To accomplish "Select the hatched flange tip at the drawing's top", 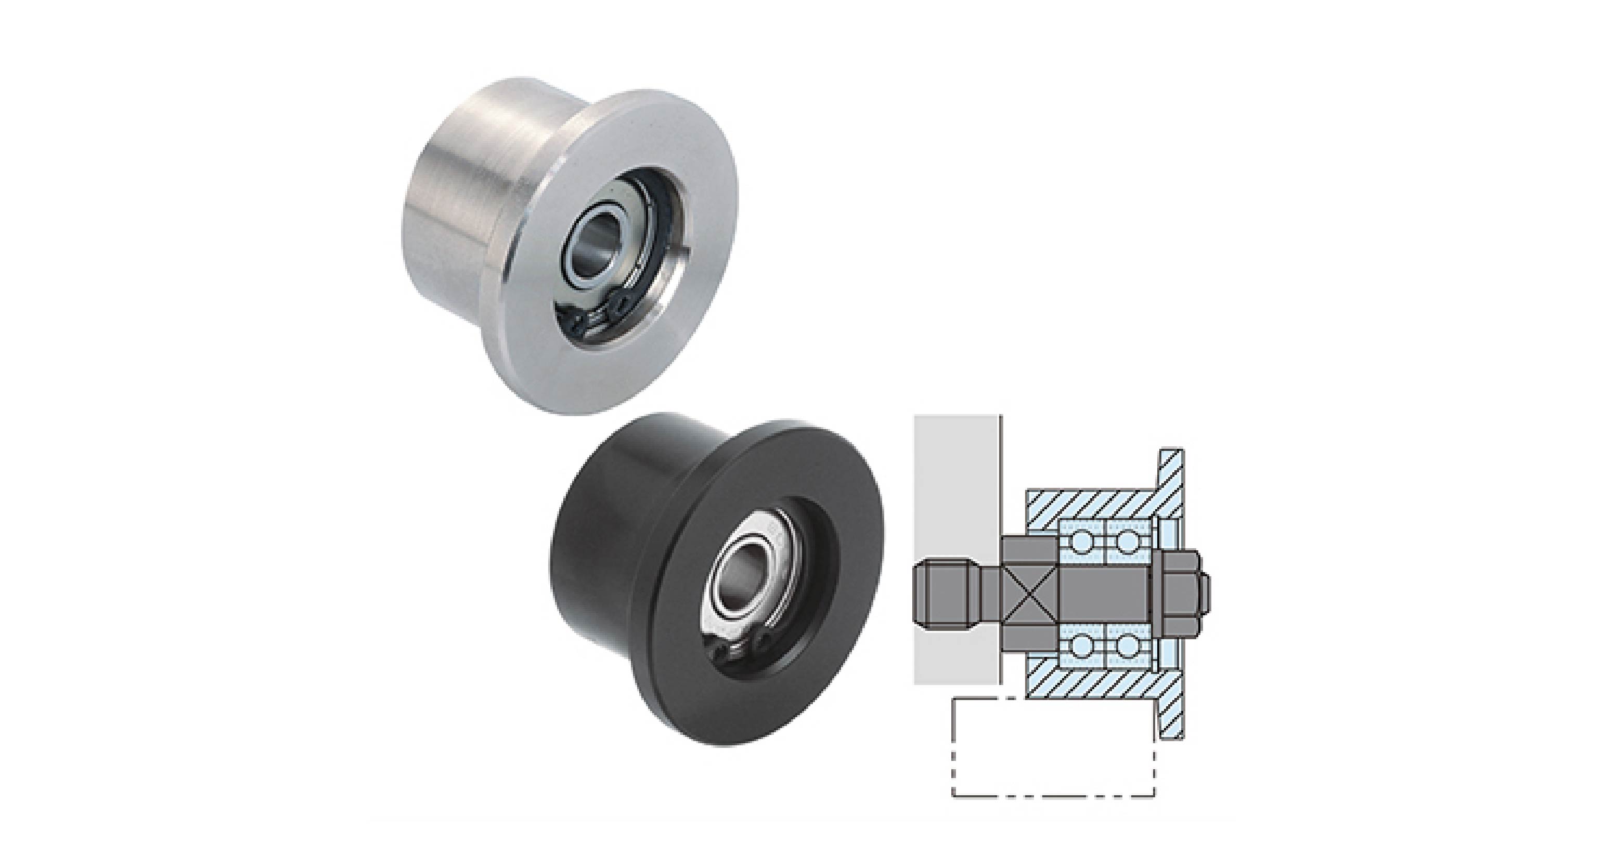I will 1171,467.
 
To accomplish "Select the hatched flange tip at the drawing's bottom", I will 1171,716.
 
